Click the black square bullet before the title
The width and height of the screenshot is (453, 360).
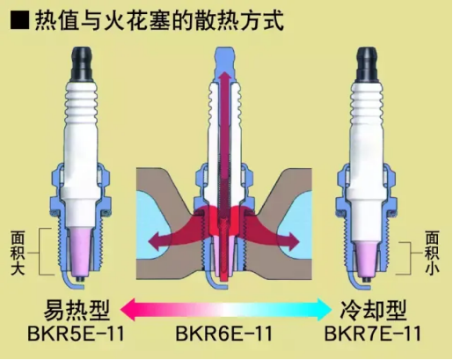point(20,20)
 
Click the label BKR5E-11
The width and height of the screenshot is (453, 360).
point(77,334)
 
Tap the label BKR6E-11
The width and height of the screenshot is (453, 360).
point(224,334)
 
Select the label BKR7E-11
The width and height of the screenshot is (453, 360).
point(373,334)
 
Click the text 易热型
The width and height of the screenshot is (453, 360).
point(77,311)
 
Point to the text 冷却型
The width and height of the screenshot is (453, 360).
point(373,311)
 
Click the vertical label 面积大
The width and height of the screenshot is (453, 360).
point(18,253)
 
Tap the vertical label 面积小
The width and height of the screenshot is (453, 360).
point(432,253)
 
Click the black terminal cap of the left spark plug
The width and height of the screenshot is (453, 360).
point(82,63)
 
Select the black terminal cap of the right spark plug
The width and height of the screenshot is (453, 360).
point(368,64)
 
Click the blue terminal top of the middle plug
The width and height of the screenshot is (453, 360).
point(225,63)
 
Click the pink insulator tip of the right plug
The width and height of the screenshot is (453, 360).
point(366,257)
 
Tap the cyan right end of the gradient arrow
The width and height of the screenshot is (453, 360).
point(323,310)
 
